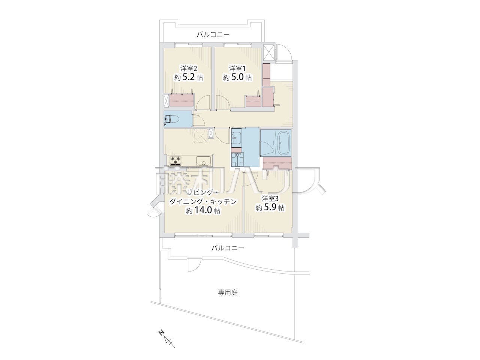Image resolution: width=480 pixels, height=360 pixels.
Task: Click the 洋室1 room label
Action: [x=237, y=68]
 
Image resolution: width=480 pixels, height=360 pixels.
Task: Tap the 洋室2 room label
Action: [x=189, y=68]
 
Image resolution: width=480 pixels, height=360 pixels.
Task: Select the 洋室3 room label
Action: [x=270, y=198]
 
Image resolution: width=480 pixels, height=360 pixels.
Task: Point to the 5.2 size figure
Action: [x=188, y=77]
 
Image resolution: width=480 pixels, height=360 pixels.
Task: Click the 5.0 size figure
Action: [x=237, y=77]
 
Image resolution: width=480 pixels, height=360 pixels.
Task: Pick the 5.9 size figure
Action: [x=270, y=207]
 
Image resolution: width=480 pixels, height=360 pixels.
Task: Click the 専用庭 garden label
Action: [x=228, y=292]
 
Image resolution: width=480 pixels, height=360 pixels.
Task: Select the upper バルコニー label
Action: [x=213, y=34]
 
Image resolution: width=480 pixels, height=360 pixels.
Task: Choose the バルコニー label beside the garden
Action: [x=228, y=248]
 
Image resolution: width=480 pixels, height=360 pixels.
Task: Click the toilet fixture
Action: [x=172, y=119]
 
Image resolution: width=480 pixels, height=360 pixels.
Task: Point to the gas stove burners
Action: [x=175, y=160]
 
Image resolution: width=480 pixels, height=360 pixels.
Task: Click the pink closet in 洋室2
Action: [x=182, y=100]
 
